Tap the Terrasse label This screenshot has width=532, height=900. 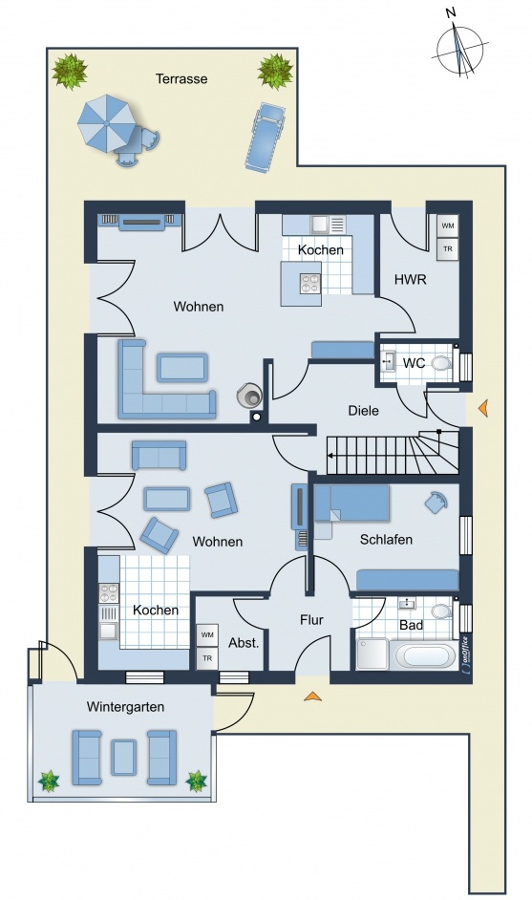click(181, 78)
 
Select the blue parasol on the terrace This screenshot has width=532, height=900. click(107, 123)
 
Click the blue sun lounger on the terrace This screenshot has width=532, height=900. click(265, 138)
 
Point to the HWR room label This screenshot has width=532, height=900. click(411, 280)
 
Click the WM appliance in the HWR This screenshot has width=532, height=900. click(448, 225)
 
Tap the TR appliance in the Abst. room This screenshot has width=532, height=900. click(207, 658)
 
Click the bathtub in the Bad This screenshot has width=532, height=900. click(426, 654)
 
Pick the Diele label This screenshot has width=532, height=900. click(363, 411)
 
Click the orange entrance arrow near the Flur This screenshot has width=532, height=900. click(312, 696)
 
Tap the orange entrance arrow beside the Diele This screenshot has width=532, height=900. click(483, 408)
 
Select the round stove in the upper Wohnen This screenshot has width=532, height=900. click(249, 395)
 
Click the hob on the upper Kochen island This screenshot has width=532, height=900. click(310, 283)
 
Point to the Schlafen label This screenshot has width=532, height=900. click(386, 540)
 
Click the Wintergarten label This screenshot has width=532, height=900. click(125, 707)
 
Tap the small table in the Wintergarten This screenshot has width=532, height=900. click(124, 758)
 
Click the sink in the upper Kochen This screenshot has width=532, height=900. click(318, 224)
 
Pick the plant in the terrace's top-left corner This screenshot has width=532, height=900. click(70, 72)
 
